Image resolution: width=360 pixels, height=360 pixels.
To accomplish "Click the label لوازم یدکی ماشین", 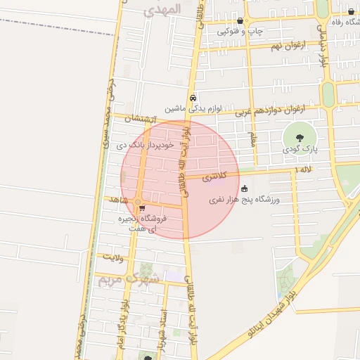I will pyautogui.click(x=193, y=109).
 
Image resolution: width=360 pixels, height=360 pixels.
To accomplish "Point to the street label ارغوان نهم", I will pyautogui.click(x=267, y=46).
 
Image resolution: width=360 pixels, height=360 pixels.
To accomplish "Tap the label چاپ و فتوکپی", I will pyautogui.click(x=240, y=32).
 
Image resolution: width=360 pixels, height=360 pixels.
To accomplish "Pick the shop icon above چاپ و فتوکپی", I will pyautogui.click(x=240, y=21).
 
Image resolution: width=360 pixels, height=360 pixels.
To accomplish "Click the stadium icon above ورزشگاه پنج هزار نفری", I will pyautogui.click(x=244, y=188).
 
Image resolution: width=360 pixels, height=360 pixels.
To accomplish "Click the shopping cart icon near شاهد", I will pyautogui.click(x=142, y=208).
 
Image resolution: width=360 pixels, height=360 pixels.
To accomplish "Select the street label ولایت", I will pyautogui.click(x=112, y=257).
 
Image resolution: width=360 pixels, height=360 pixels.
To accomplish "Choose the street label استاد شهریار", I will pyautogui.click(x=163, y=326).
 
